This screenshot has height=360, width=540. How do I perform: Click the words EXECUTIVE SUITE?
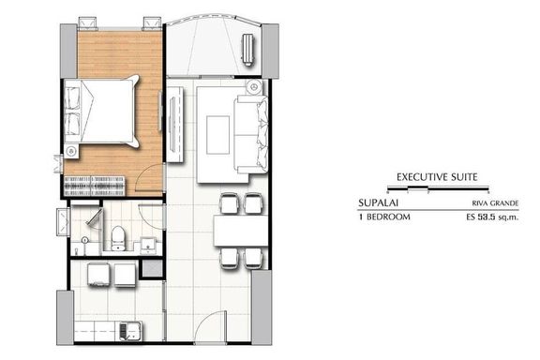[437, 177]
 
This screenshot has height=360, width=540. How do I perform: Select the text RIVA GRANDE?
[495, 203]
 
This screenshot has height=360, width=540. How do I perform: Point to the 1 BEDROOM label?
[384, 217]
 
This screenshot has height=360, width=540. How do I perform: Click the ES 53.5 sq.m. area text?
[492, 217]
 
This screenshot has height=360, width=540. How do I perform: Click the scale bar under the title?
[438, 188]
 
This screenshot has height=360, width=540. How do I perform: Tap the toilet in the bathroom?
[119, 238]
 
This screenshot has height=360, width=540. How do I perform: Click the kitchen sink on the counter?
[130, 331]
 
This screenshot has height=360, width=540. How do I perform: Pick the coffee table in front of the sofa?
[218, 135]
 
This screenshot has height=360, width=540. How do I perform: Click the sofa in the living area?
[250, 135]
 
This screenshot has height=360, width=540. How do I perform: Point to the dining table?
[241, 231]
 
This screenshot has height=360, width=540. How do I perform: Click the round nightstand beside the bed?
[72, 151]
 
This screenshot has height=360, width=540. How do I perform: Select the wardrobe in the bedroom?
[94, 187]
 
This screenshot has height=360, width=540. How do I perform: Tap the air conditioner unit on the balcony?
[247, 48]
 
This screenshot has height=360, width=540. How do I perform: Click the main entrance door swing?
[210, 326]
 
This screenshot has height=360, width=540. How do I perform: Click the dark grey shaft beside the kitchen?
[153, 268]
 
